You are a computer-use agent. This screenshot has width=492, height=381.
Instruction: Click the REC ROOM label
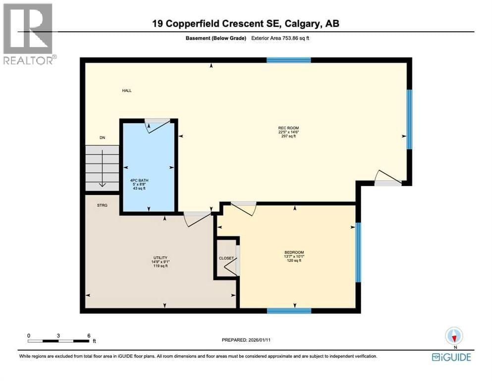click(288, 128)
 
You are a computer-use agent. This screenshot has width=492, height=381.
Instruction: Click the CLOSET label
click(226, 258)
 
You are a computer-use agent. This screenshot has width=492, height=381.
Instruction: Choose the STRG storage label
click(103, 204)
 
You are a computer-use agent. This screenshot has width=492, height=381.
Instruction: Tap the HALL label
click(127, 91)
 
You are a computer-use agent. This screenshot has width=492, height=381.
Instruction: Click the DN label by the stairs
click(102, 138)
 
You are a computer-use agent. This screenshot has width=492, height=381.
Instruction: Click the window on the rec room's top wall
click(288, 61)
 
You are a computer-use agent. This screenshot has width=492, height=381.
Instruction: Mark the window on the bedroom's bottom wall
click(288, 311)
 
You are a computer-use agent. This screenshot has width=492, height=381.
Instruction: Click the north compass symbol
click(454, 337)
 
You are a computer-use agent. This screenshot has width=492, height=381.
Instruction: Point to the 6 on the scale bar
click(89, 336)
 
